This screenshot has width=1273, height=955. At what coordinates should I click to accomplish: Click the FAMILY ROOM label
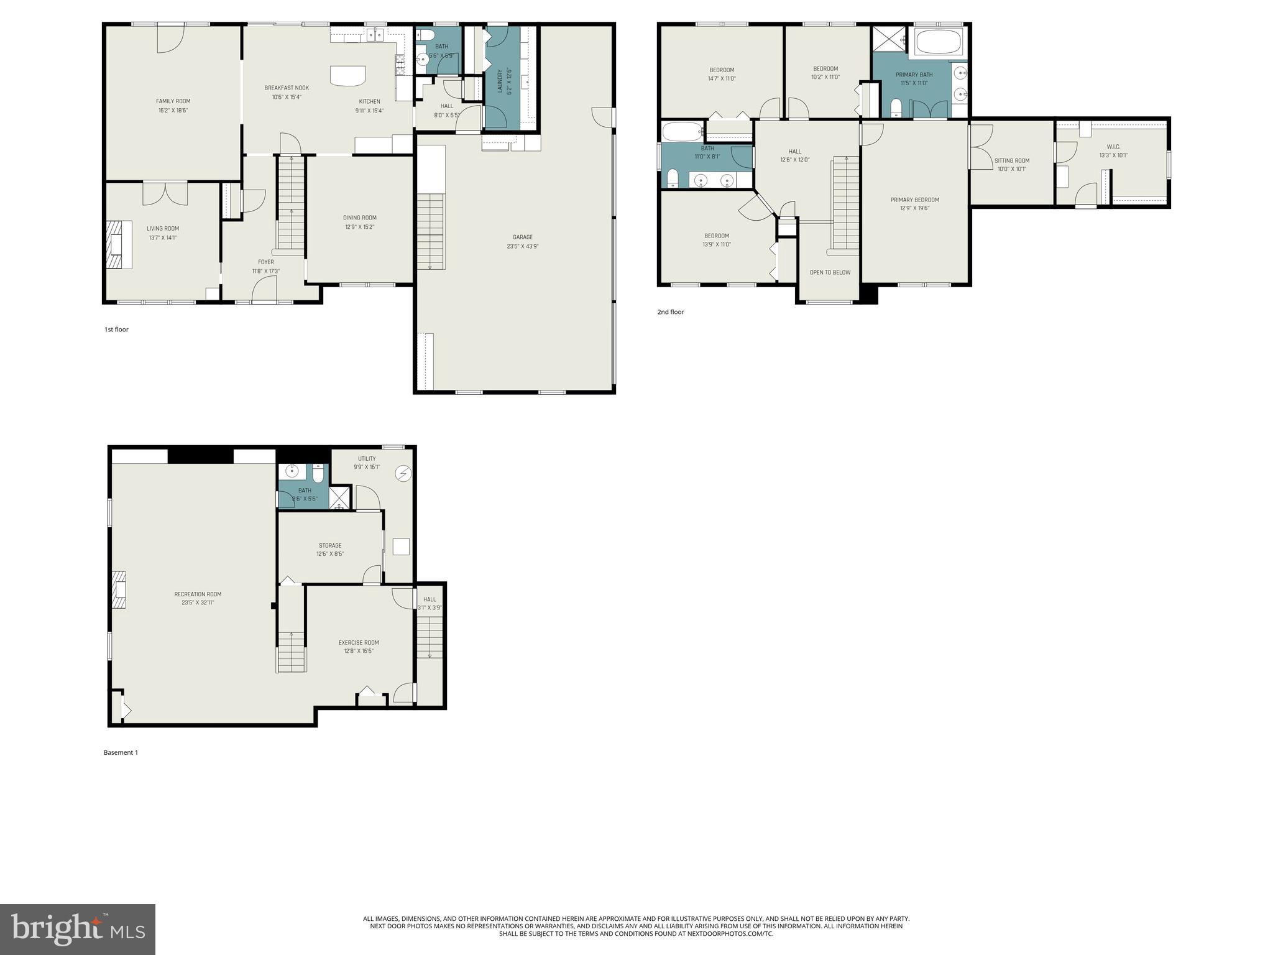pyautogui.click(x=173, y=101)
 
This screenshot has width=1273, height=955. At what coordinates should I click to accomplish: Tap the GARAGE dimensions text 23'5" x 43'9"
pyautogui.click(x=522, y=246)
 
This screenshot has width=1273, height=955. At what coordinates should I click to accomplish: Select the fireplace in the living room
pyautogui.click(x=119, y=244)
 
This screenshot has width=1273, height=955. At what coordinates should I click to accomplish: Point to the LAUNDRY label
pyautogui.click(x=499, y=81)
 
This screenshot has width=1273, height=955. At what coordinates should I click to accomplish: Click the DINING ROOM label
pyautogui.click(x=359, y=218)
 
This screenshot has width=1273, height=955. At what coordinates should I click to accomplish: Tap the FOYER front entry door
pyautogui.click(x=264, y=290)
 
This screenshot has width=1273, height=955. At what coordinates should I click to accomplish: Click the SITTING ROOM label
pyautogui.click(x=1011, y=160)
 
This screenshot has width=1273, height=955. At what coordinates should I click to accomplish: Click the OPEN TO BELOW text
pyautogui.click(x=830, y=272)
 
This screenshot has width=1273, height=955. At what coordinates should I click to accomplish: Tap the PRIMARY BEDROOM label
pyautogui.click(x=914, y=200)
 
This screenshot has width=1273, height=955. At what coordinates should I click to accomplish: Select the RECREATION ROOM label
pyautogui.click(x=198, y=594)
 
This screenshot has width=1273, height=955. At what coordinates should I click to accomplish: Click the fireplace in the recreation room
pyautogui.click(x=119, y=590)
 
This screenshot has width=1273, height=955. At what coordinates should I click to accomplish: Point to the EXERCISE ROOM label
pyautogui.click(x=359, y=642)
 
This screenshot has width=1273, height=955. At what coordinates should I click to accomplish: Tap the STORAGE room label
pyautogui.click(x=330, y=545)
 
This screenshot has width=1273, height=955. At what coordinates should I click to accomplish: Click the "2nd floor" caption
pyautogui.click(x=670, y=312)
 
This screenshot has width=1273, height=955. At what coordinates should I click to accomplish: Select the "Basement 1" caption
pyautogui.click(x=121, y=752)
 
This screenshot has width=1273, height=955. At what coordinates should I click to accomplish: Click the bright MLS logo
pyautogui.click(x=77, y=930)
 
